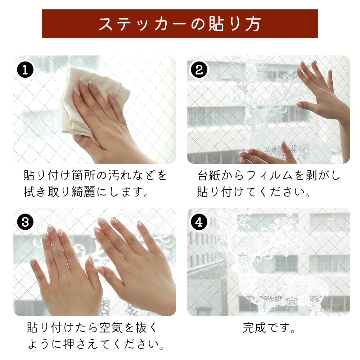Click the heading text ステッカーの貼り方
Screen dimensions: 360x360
point(180,24)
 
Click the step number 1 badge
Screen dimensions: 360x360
point(25,70)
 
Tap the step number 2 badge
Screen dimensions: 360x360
point(199,70)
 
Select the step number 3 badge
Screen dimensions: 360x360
point(25,222)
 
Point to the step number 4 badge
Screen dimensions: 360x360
point(199,222)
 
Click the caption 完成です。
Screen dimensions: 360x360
point(269,328)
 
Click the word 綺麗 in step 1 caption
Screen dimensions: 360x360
point(84,192)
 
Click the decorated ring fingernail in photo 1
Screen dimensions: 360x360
point(93,83)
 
